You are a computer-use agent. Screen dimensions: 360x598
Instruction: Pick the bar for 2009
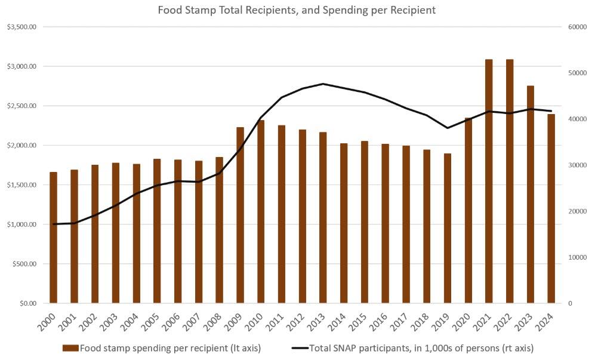pyautogui.click(x=241, y=215)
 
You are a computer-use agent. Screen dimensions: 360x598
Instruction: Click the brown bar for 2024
pyautogui.click(x=551, y=208)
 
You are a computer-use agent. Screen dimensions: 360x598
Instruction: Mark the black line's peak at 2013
pyautogui.click(x=323, y=84)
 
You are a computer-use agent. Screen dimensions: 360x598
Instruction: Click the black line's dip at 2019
pyautogui.click(x=448, y=128)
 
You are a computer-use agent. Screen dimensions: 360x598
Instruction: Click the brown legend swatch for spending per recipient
pyautogui.click(x=71, y=347)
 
